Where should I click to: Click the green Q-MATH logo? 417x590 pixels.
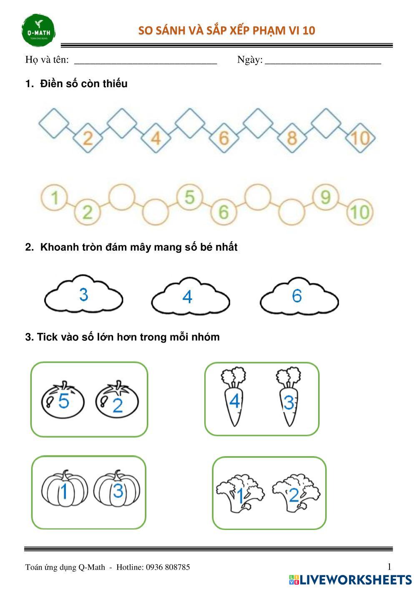click(x=38, y=30)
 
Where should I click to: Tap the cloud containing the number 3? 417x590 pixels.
click(x=84, y=294)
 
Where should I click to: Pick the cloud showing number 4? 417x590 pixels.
click(x=191, y=296)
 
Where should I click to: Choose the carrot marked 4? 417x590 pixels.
click(x=234, y=396)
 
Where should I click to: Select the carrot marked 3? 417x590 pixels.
click(x=289, y=396)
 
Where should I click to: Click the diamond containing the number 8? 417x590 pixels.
click(x=292, y=138)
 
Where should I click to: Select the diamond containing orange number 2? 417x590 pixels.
click(x=88, y=138)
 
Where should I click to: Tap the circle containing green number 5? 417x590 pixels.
click(x=190, y=197)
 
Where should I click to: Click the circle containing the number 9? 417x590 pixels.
click(x=326, y=197)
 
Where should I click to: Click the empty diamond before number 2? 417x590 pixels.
click(x=54, y=123)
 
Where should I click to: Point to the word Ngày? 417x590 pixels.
click(x=249, y=60)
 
